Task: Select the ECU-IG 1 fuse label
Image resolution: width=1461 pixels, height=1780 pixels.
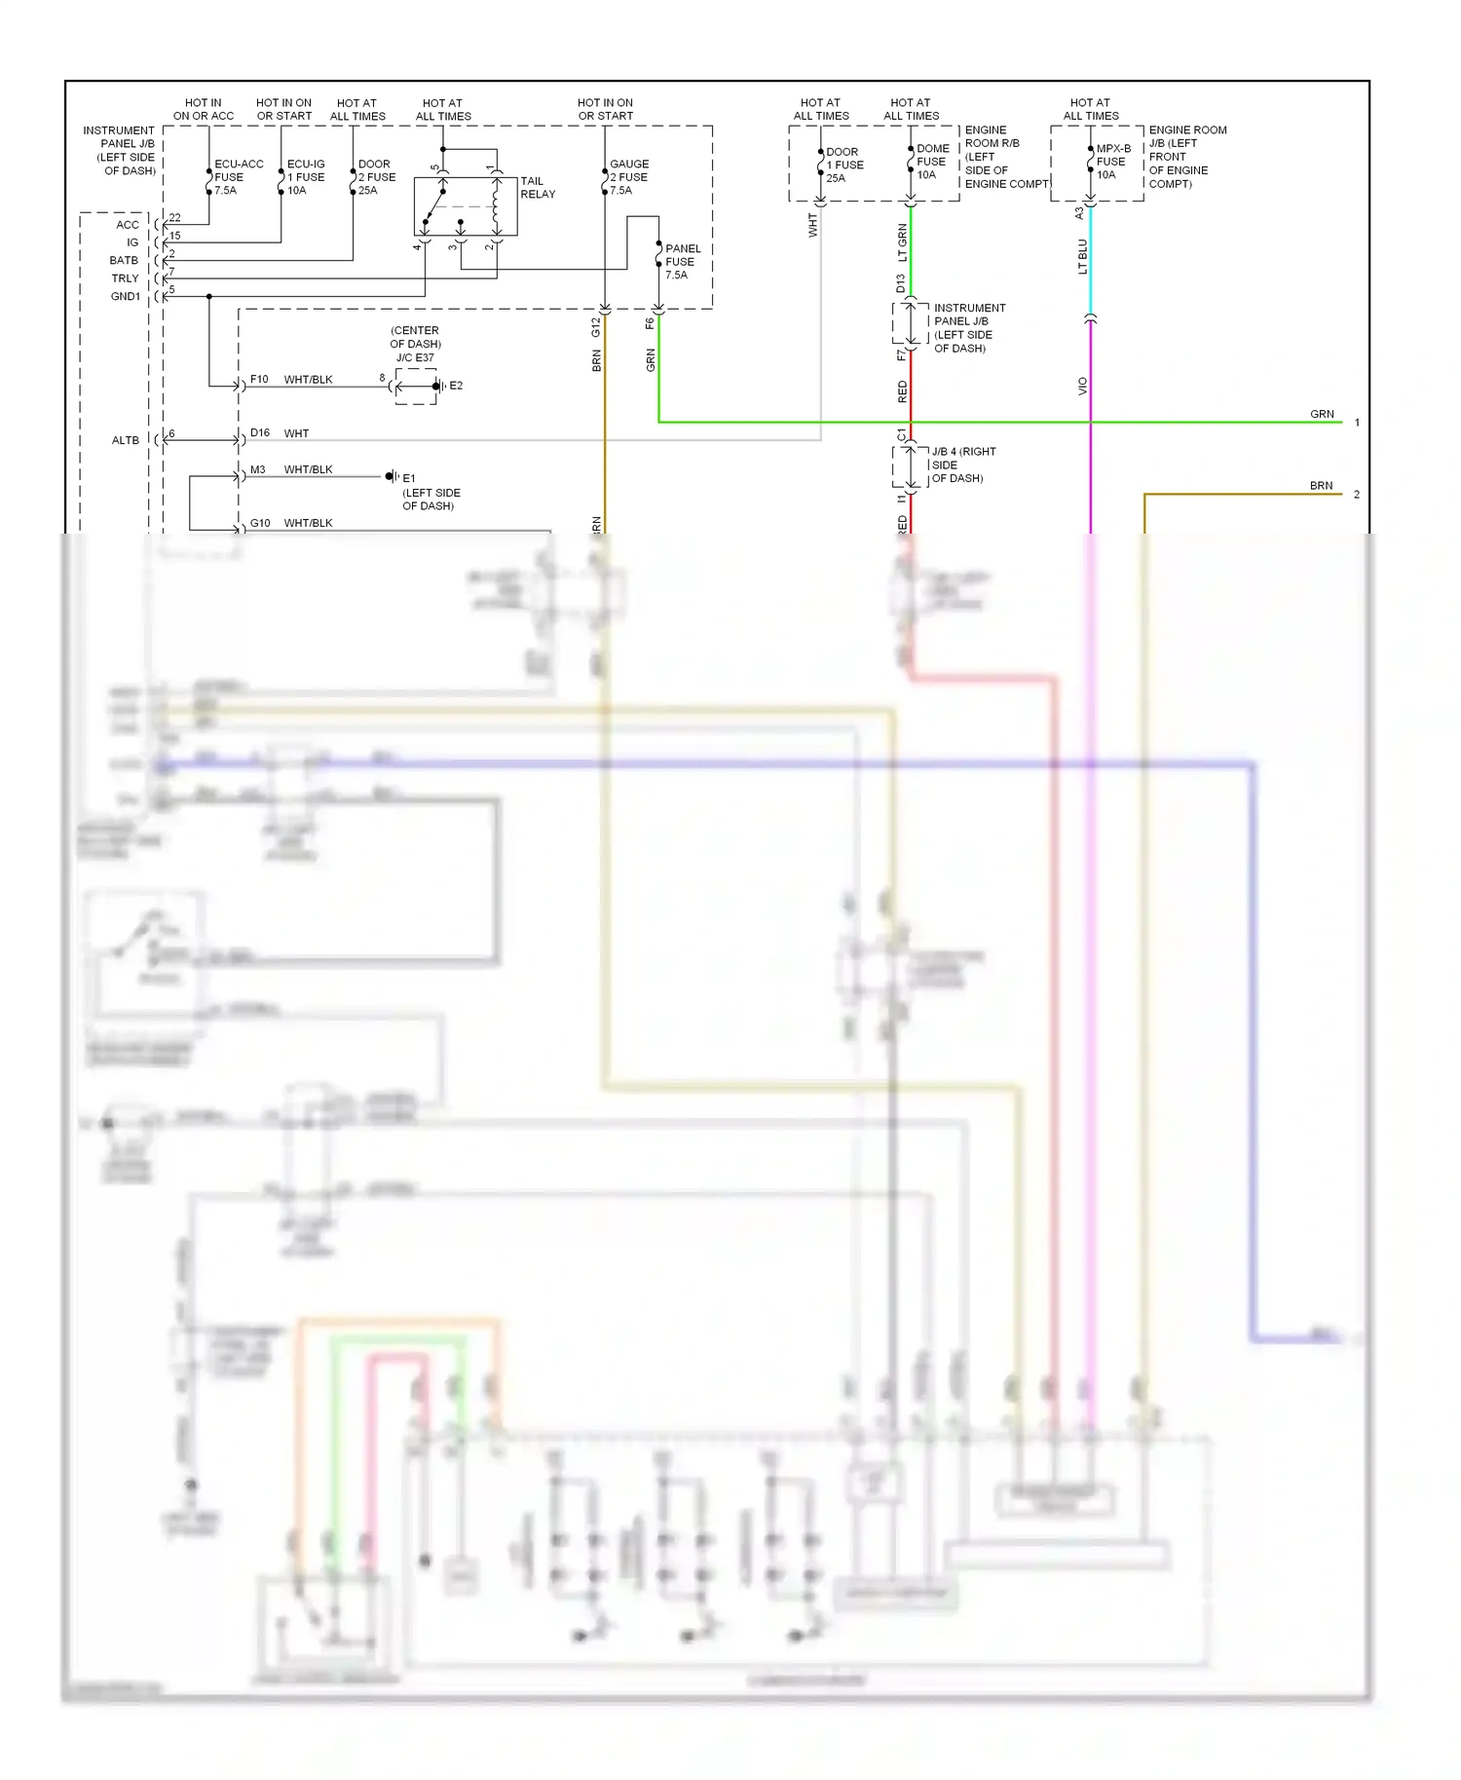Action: click(306, 177)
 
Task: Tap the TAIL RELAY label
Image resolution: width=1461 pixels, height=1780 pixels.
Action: click(538, 188)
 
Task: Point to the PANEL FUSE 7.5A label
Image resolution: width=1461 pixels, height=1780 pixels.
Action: click(681, 262)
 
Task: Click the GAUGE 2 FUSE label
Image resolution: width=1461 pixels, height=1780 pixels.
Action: click(629, 177)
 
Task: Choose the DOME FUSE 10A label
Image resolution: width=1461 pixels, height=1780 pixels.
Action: click(931, 162)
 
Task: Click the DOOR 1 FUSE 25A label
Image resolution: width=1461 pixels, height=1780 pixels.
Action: click(843, 165)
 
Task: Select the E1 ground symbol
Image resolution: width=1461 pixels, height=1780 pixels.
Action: click(393, 477)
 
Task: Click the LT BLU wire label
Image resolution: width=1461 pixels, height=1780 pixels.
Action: click(1082, 257)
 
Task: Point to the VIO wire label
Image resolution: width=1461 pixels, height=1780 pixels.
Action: click(1082, 387)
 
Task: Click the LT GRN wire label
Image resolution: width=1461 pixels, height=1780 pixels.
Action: click(902, 242)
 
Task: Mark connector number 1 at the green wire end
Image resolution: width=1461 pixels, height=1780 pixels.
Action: click(1357, 423)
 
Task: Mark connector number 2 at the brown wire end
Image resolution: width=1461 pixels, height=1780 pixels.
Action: click(1357, 495)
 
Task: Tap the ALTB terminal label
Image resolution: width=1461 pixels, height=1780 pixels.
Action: click(126, 440)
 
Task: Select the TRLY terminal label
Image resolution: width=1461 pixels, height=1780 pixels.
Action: click(126, 278)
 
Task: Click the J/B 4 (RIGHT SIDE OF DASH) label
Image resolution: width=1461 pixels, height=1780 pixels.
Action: click(962, 464)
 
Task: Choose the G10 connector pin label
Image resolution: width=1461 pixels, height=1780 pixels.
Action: click(260, 523)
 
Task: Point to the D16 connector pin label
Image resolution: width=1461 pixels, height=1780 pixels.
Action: click(260, 433)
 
